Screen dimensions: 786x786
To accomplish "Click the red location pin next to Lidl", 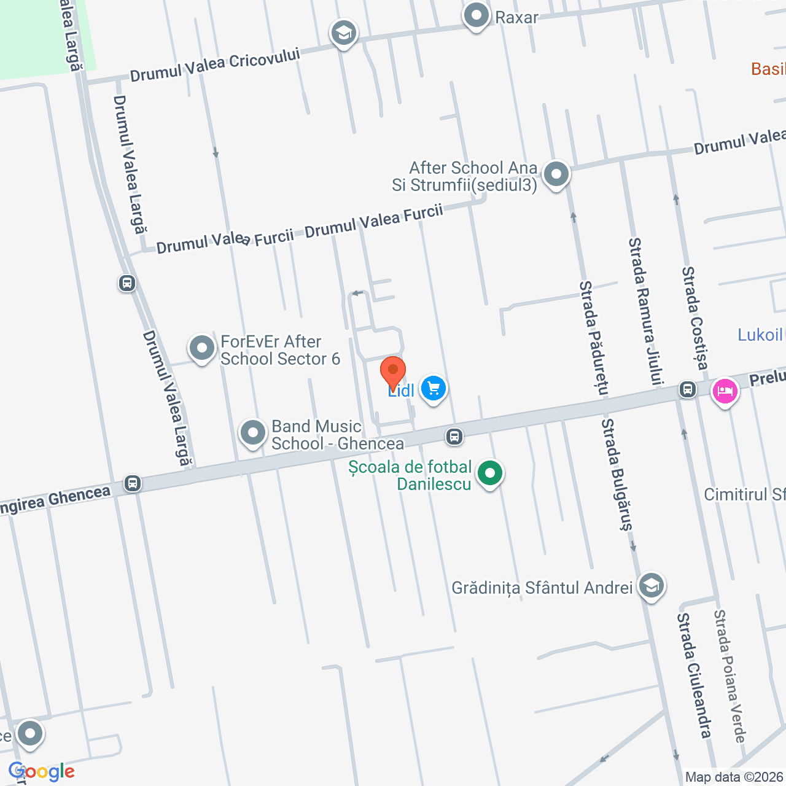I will coord(392,371).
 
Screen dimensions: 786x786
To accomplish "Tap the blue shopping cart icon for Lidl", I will coord(434,389).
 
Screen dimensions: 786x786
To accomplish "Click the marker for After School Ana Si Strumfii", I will coord(556,174).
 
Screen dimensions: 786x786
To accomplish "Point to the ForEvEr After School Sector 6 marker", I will coord(202,349).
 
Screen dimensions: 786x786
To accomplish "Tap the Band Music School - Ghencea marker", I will coord(252,433).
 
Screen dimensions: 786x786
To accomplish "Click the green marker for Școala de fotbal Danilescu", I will coord(489,474).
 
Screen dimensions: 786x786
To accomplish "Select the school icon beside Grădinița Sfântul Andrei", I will coord(651,586).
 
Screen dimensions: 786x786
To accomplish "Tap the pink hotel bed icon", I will coord(725,391).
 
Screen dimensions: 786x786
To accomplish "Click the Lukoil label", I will coord(760,335).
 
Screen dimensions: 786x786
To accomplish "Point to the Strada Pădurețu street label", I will coord(594,338).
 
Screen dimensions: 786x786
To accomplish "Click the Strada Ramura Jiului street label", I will coord(645,311).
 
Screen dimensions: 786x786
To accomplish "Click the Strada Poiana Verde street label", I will coord(730,676).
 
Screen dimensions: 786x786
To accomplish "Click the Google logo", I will coord(42,771).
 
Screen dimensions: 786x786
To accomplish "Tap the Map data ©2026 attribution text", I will coord(734,777).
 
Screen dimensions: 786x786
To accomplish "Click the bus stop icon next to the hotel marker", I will coord(687,389).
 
